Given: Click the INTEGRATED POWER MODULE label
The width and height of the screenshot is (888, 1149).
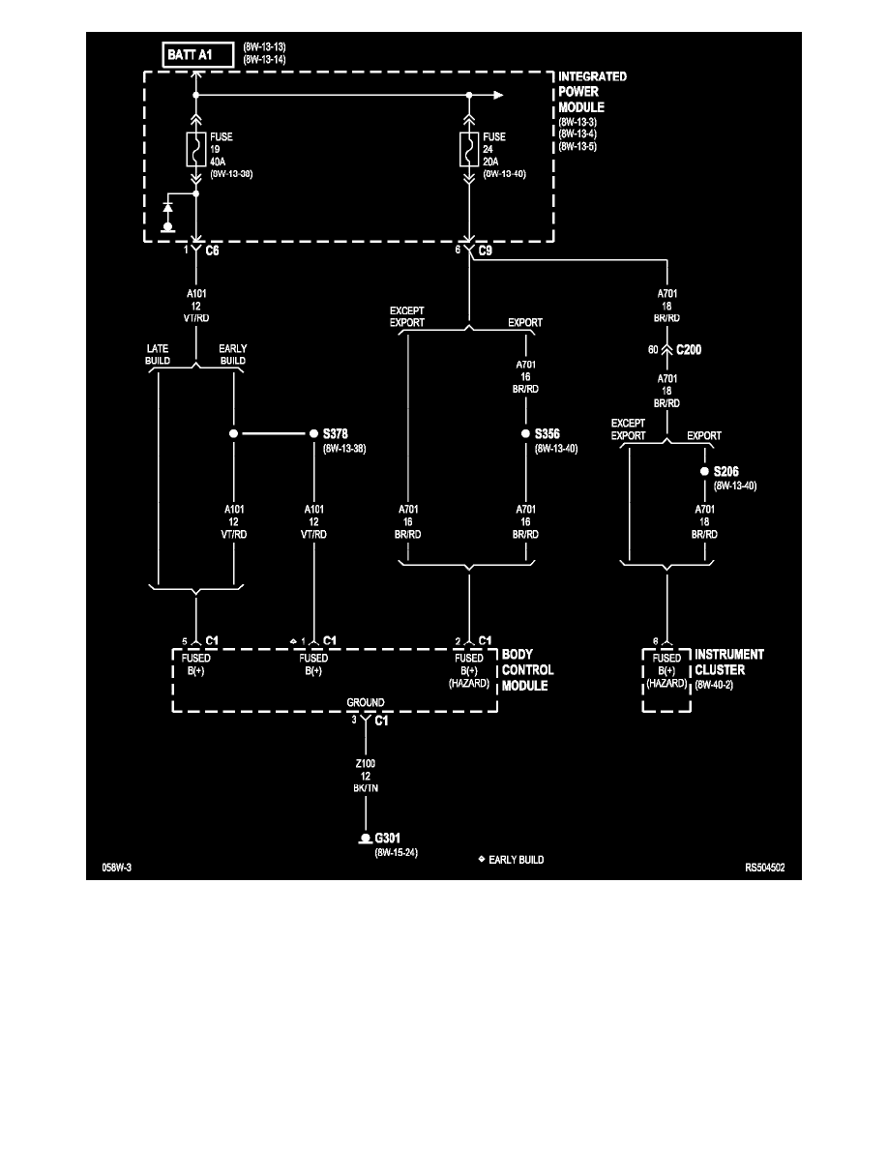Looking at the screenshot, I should coord(593,91).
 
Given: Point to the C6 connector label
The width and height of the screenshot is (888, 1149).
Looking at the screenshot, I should coord(214,250).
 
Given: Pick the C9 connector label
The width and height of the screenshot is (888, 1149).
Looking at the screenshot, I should coord(487,250).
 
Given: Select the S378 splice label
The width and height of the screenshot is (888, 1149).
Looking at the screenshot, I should coord(335,434).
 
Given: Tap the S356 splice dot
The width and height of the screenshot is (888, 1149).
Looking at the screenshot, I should coord(525,434).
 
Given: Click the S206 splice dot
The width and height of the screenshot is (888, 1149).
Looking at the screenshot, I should coord(704,472).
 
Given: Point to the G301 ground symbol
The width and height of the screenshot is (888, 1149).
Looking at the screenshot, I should coord(366,839).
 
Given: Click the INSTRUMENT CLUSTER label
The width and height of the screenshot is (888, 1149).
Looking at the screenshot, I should coord(729,662).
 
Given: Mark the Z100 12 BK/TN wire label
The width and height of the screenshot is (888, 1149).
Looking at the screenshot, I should coord(366,775).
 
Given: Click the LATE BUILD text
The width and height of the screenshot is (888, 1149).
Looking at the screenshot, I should coord(159,354).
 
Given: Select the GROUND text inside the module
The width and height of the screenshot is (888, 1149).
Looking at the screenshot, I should coord(366,703).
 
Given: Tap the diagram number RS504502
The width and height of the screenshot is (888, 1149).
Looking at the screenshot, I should coord(764,869).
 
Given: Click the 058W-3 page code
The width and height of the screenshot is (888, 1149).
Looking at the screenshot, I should coord(116,869).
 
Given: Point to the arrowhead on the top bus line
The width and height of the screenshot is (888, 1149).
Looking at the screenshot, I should coord(497,95).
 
